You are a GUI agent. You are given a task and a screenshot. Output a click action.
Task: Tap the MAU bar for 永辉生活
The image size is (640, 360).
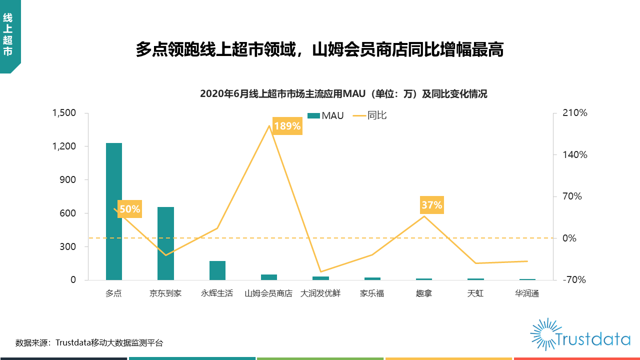pos(217,270)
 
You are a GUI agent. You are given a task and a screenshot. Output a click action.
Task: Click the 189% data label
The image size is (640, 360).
pos(287,126)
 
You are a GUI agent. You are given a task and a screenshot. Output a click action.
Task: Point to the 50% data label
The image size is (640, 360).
pos(129,209)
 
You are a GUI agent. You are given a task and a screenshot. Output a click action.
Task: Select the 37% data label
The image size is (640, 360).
pos(431,205)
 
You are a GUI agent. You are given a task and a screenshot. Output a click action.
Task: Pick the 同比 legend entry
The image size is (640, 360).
pos(370,116)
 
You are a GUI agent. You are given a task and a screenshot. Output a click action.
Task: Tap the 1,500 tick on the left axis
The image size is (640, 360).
pos(64,113)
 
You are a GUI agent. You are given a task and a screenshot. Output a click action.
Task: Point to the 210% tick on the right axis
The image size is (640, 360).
pos(575,113)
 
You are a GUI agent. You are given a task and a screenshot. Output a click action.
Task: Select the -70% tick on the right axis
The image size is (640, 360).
pos(575,280)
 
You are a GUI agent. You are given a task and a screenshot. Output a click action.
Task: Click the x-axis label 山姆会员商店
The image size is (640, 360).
pos(268,293)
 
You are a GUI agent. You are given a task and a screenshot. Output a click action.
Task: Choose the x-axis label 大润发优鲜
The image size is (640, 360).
pos(320,293)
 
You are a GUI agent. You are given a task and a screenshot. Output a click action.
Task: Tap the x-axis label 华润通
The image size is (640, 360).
pos(527,293)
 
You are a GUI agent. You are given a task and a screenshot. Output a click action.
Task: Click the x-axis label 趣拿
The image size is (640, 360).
pos(423,293)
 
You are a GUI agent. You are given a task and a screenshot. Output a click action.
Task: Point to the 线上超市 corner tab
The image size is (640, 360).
pos(8,35)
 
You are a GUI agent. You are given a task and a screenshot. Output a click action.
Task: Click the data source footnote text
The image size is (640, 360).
pos(89,343)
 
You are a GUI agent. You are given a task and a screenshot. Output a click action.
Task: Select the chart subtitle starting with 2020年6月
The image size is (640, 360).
pos(343,94)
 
